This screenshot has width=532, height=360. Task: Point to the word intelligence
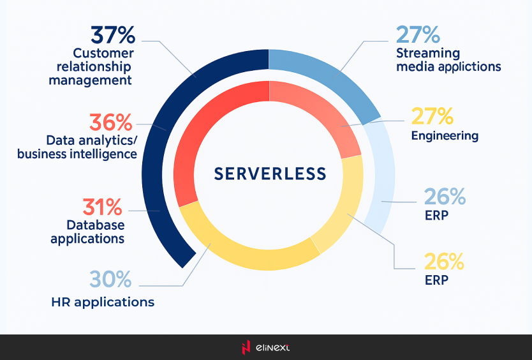[104, 154]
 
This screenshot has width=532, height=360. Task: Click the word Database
[96, 225]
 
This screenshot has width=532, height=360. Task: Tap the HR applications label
[103, 302]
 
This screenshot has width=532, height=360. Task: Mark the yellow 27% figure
[432, 116]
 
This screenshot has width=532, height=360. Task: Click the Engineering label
[445, 135]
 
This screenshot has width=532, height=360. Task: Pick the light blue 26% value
[445, 197]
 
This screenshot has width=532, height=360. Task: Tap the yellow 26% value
[445, 261]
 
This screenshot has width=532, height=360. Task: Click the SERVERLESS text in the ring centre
[270, 174]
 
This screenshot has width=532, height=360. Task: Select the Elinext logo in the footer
[265, 347]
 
